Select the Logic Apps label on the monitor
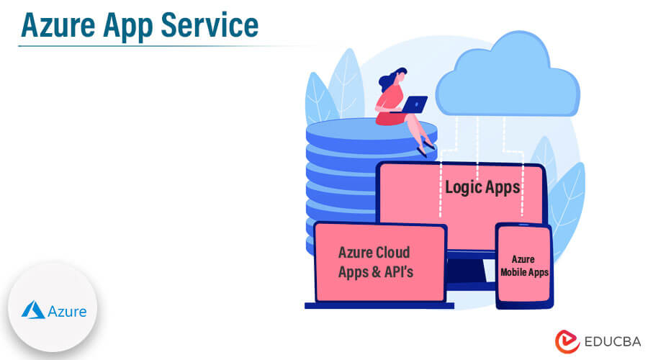click(482, 188)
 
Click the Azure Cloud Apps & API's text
click(374, 262)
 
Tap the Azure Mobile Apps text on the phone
click(523, 266)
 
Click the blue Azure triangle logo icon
click(33, 310)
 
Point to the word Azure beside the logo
click(67, 311)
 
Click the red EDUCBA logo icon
click(568, 341)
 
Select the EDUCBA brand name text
click(609, 341)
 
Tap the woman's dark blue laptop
click(415, 104)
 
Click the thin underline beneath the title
click(144, 47)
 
